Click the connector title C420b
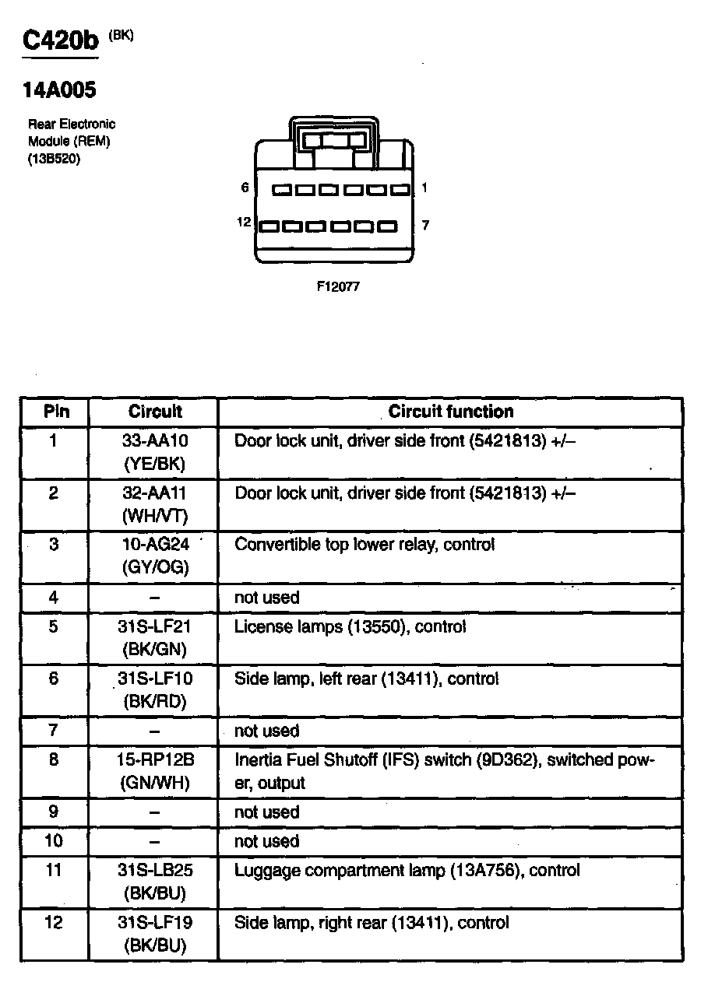click(x=61, y=41)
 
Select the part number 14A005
click(x=59, y=90)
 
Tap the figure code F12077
click(x=338, y=286)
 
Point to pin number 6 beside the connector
click(x=245, y=188)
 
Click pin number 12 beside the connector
click(x=244, y=223)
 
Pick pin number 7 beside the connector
click(x=425, y=226)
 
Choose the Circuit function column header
click(x=451, y=412)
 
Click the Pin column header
click(x=55, y=412)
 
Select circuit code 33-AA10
click(x=155, y=440)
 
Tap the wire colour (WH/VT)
click(x=155, y=515)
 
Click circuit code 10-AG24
click(x=155, y=545)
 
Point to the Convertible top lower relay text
click(x=365, y=545)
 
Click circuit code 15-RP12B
click(x=155, y=759)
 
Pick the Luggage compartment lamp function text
click(x=407, y=870)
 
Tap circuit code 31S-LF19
click(x=155, y=923)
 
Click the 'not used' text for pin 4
click(x=266, y=598)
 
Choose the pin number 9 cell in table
click(x=54, y=812)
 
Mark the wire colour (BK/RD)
click(x=155, y=701)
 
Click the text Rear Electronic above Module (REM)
click(x=72, y=124)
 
